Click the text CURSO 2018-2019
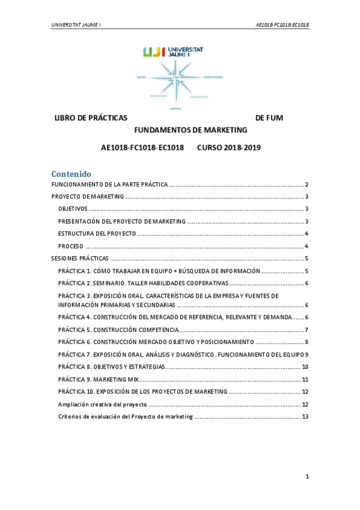pyautogui.click(x=228, y=147)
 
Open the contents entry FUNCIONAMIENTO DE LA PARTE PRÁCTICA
pyautogui.click(x=109, y=185)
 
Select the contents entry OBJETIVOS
pyautogui.click(x=73, y=209)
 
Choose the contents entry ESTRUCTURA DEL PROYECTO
pyautogui.click(x=97, y=233)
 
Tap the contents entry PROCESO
pyautogui.click(x=70, y=246)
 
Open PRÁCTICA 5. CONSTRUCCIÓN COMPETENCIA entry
pyautogui.click(x=118, y=330)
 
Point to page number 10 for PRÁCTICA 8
pyautogui.click(x=305, y=367)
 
